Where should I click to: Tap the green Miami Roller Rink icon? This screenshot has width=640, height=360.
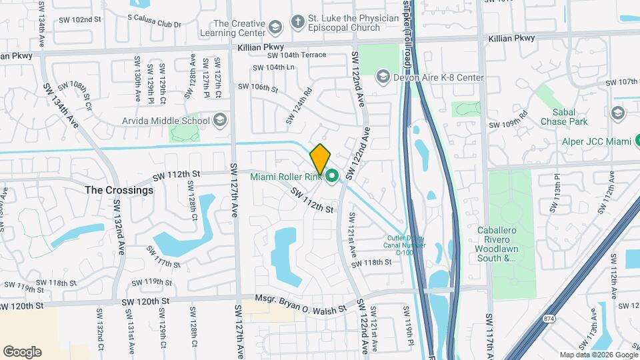pos(331,177)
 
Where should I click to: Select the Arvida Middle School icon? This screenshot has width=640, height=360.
pos(221,121)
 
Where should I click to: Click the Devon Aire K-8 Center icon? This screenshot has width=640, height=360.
pos(383,78)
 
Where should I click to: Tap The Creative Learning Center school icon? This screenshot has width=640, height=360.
pos(274,27)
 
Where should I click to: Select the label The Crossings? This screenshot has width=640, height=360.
pos(119,190)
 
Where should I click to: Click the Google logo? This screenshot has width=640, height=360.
pos(22,352)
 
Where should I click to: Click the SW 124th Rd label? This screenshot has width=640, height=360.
pos(299,106)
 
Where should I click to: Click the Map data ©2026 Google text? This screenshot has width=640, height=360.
pos(598,355)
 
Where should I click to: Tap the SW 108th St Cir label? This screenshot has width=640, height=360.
pos(75,91)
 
